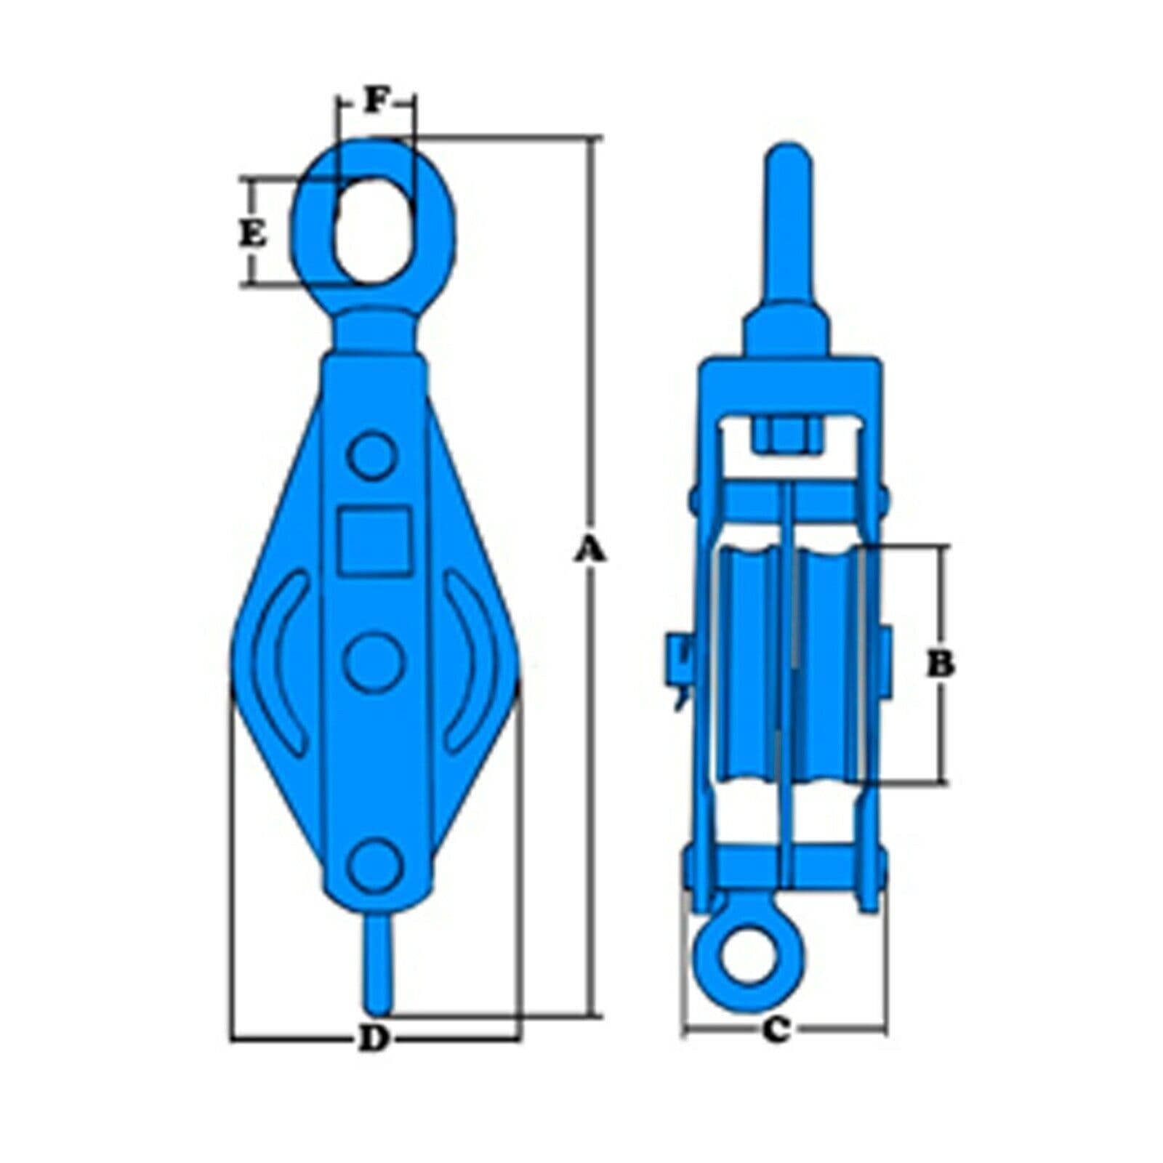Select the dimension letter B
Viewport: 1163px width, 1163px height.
pos(941,664)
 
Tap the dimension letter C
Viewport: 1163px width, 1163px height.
pos(776,1029)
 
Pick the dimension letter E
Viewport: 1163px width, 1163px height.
pos(253,234)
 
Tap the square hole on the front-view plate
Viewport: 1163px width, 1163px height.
pos(375,539)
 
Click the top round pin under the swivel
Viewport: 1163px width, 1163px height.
pos(373,456)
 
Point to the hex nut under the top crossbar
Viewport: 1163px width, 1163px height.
pos(789,436)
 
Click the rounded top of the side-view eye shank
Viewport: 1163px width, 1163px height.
pos(789,156)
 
